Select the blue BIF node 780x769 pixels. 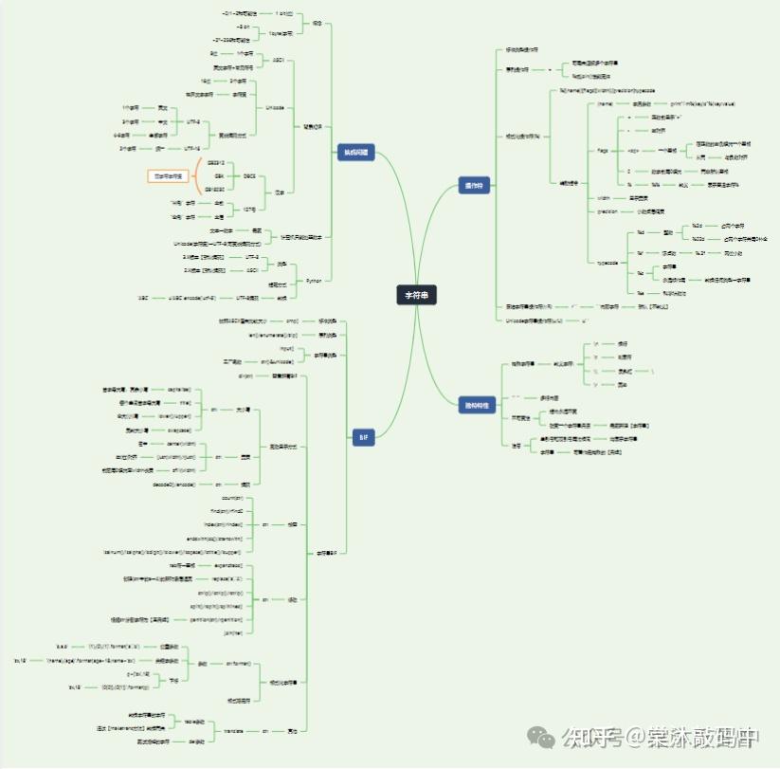(x=362, y=437)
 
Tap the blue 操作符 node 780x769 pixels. (x=471, y=184)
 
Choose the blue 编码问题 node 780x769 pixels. (x=355, y=152)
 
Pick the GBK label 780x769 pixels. (x=219, y=176)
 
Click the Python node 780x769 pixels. (x=314, y=281)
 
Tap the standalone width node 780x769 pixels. (x=604, y=198)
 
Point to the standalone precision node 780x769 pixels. (x=608, y=211)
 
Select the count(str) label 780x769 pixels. (x=232, y=497)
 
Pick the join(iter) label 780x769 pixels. (x=233, y=632)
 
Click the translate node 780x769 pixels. (x=233, y=730)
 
